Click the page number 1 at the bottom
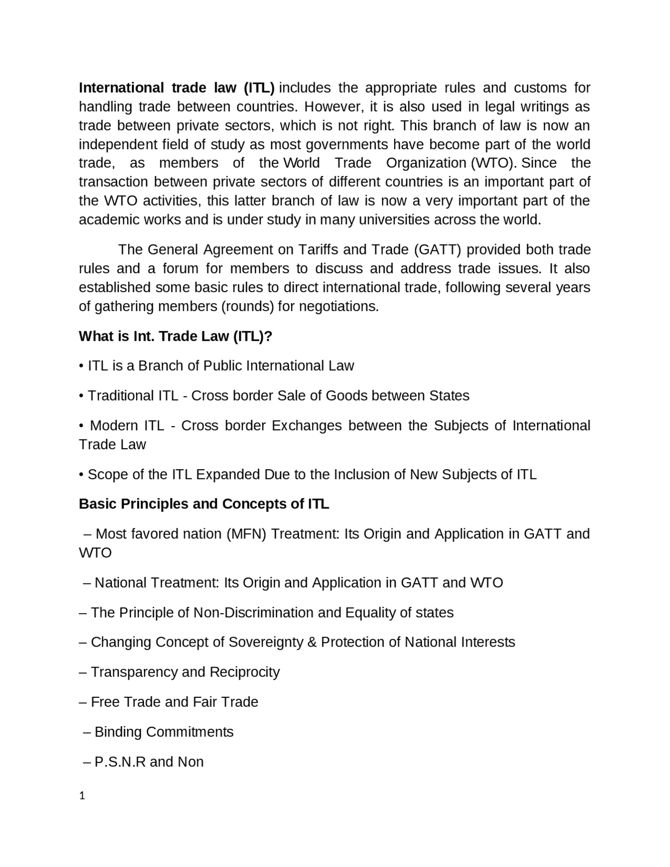coord(82,796)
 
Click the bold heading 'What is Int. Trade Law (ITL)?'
coord(175,336)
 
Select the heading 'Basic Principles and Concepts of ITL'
coord(204,504)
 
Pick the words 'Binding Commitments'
coord(164,732)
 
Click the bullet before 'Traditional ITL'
coord(81,396)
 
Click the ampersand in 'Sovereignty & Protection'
coord(312,642)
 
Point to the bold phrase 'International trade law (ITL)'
coord(176,87)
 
